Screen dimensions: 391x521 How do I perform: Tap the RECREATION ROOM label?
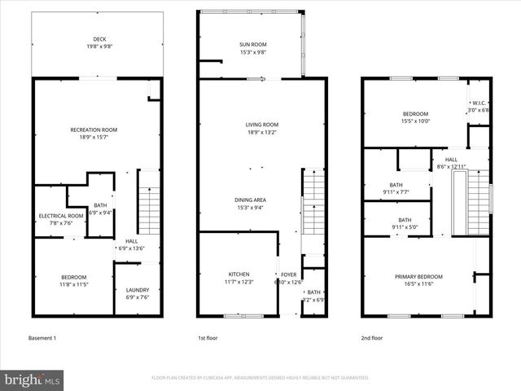94,130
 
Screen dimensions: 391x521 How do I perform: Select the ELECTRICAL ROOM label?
61,216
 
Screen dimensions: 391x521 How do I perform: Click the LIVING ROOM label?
262,125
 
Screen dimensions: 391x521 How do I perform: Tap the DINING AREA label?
250,200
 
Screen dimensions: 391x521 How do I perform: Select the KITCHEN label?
239,275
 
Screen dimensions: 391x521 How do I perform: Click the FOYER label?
289,275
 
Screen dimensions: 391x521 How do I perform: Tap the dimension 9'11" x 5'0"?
404,226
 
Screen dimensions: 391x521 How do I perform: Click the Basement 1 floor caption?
43,336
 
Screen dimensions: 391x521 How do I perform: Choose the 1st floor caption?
208,336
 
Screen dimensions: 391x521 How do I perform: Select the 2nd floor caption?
373,336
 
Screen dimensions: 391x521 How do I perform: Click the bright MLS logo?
33,380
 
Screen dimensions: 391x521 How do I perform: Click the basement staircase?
149,207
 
